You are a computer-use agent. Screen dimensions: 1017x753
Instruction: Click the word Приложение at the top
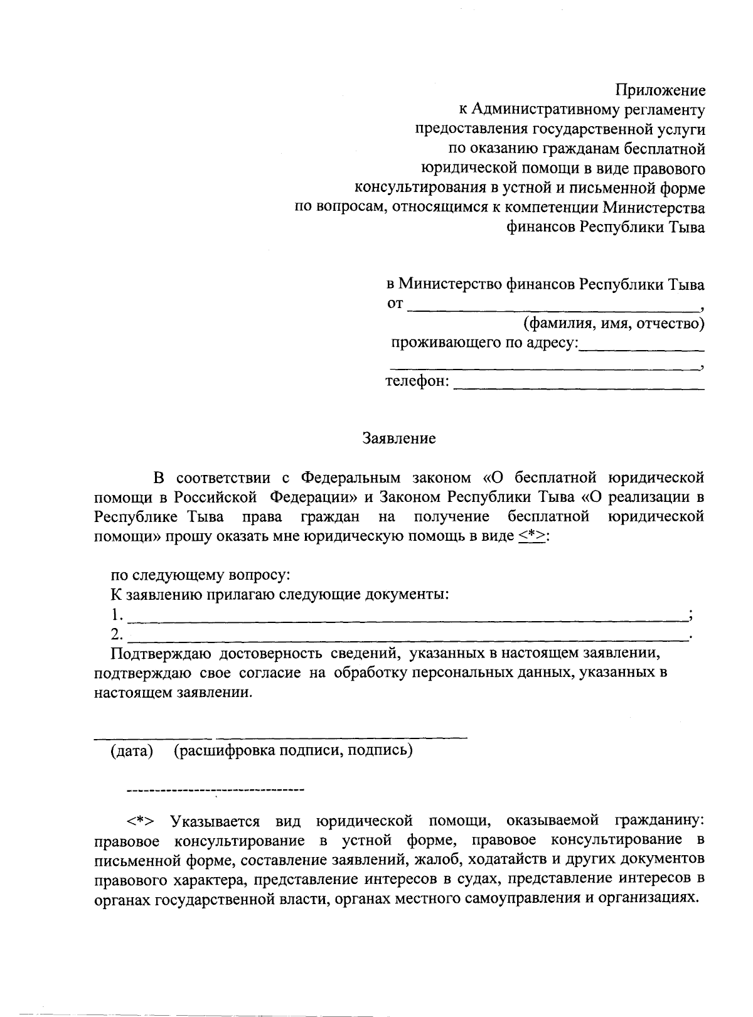pyautogui.click(x=660, y=90)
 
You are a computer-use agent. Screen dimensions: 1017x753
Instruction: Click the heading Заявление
pyautogui.click(x=399, y=439)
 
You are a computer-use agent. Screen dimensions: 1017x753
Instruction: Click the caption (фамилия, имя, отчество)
pyautogui.click(x=614, y=324)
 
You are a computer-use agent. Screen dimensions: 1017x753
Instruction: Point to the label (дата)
pyautogui.click(x=132, y=751)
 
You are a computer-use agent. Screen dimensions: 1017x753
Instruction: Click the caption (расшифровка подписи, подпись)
pyautogui.click(x=293, y=751)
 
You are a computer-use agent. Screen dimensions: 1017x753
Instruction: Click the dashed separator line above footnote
pyautogui.click(x=215, y=788)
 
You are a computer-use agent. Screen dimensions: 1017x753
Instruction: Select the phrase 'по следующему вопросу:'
pyautogui.click(x=201, y=575)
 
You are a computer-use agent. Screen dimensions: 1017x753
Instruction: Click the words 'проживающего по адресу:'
pyautogui.click(x=484, y=343)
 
